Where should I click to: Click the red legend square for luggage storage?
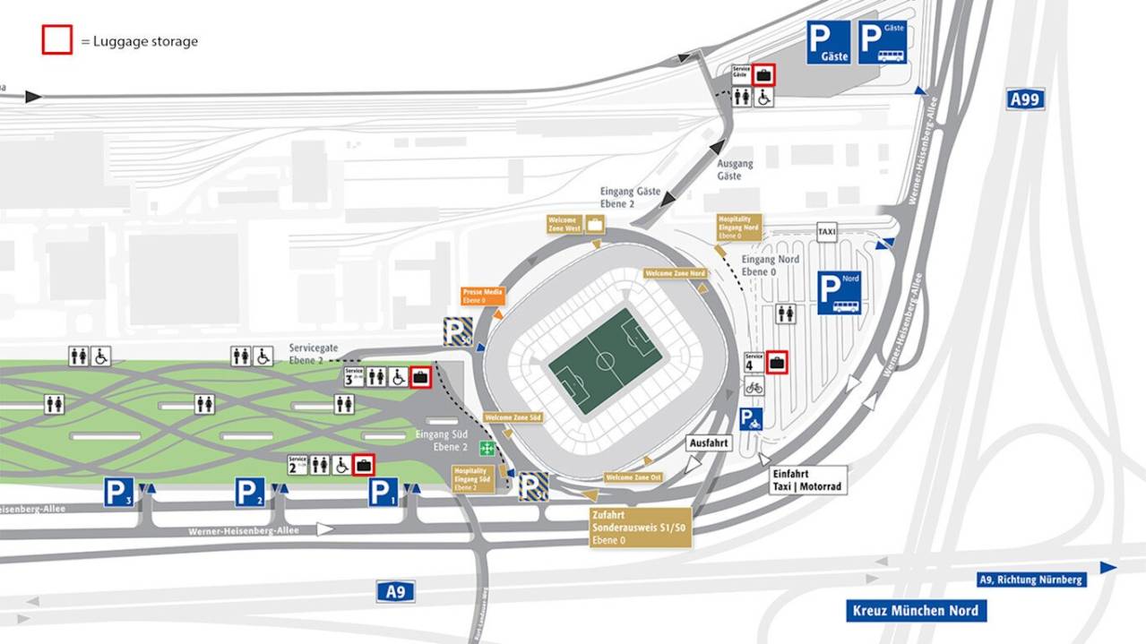click(56, 40)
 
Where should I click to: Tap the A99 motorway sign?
click(1025, 99)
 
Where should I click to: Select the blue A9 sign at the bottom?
click(395, 590)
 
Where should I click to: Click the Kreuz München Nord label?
click(916, 611)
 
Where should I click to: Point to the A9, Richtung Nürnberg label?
click(1031, 580)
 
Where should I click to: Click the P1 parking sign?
click(383, 492)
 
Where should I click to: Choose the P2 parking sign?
click(250, 492)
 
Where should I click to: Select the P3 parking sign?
click(118, 492)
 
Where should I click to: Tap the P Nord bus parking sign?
click(839, 293)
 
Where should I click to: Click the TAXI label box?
click(827, 232)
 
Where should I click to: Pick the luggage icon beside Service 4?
click(776, 362)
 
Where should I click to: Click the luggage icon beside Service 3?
click(419, 377)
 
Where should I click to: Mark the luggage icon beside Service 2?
click(364, 465)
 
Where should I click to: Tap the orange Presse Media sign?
click(483, 296)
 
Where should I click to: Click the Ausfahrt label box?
click(709, 443)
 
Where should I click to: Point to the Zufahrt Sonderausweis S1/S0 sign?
click(640, 528)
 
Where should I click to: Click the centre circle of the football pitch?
click(605, 361)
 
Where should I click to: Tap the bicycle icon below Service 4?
click(754, 387)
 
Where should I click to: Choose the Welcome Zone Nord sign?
click(675, 273)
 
